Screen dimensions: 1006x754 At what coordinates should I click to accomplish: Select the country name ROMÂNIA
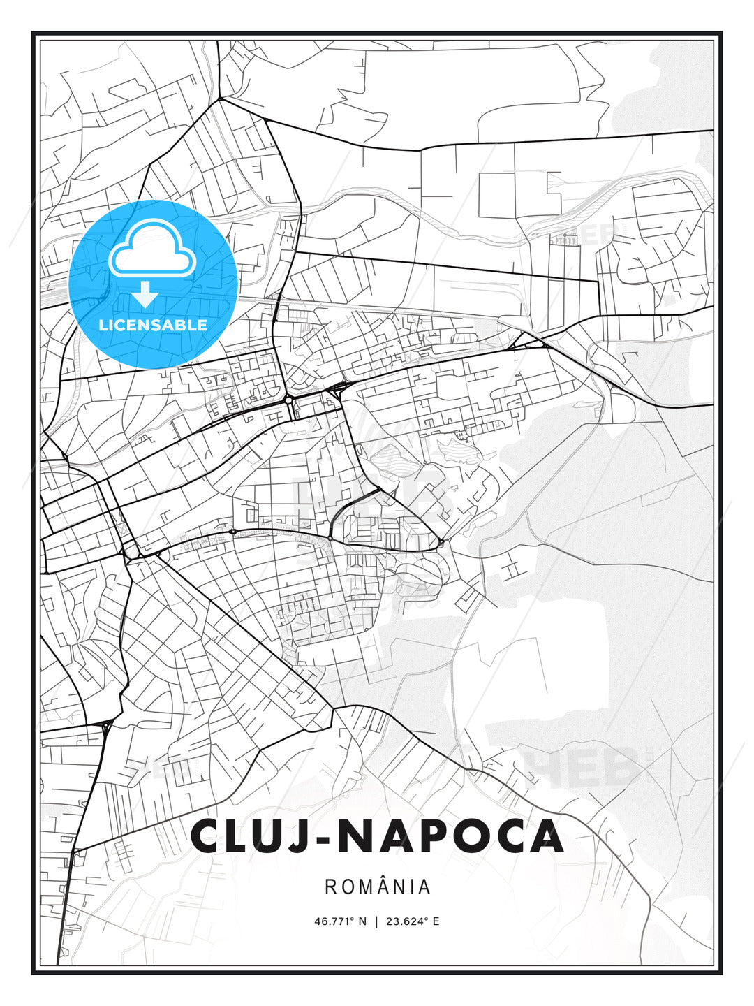click(377, 887)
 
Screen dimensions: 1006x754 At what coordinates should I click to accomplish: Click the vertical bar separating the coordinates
click(377, 921)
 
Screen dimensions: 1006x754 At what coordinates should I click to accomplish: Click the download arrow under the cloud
click(145, 294)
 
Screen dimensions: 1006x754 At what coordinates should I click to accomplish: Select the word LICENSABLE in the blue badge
click(153, 325)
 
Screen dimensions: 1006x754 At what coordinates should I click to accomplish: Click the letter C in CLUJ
click(208, 836)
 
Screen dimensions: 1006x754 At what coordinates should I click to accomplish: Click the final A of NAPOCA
click(545, 836)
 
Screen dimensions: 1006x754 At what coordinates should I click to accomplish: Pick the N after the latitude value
click(362, 921)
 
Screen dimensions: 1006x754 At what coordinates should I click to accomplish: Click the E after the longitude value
click(436, 921)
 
